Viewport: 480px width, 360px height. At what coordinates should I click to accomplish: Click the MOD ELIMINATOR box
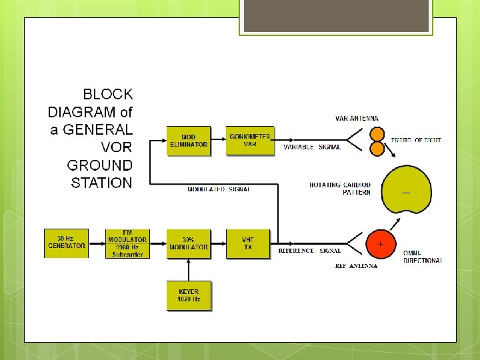189,141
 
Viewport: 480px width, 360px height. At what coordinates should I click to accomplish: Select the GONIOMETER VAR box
250,140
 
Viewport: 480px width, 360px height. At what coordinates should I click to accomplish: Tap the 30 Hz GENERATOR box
67,243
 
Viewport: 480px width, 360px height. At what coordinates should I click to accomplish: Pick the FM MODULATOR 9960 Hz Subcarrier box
127,243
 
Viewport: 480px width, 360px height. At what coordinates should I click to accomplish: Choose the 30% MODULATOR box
189,243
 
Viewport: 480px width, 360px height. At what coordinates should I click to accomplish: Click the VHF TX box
249,243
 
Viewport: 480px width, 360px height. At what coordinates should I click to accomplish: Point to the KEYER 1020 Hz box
189,295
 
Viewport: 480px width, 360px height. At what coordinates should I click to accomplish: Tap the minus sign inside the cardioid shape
405,193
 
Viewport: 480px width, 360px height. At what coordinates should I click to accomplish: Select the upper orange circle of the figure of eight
377,134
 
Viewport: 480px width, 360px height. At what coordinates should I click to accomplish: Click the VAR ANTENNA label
359,119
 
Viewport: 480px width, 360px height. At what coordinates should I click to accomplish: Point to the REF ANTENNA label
356,265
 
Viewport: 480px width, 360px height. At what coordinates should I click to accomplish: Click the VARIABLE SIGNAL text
312,147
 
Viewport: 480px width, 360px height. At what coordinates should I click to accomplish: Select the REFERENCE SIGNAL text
309,251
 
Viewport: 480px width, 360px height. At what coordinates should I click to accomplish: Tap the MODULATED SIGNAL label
219,189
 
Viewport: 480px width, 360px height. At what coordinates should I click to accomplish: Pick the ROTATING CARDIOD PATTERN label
340,189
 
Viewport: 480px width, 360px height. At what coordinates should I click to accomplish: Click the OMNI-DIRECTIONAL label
422,257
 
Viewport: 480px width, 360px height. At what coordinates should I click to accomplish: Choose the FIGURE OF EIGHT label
416,140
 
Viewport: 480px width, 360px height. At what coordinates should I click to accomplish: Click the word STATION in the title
101,183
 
